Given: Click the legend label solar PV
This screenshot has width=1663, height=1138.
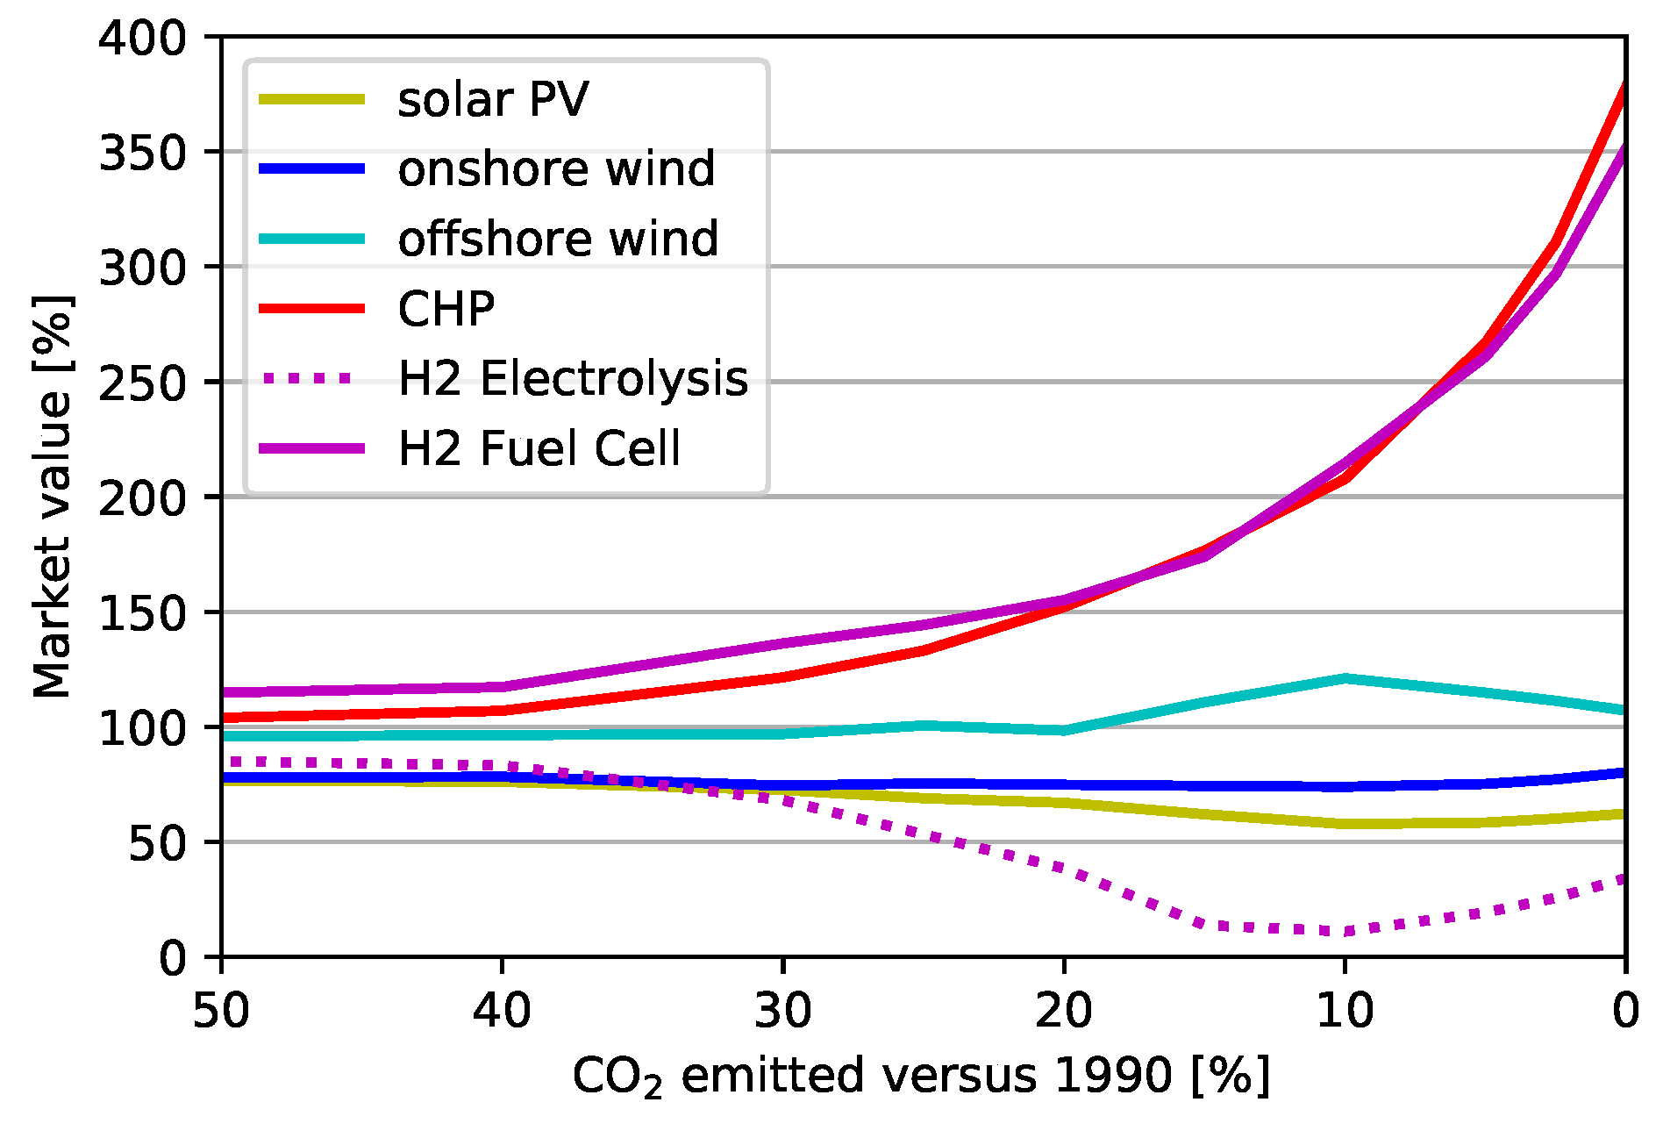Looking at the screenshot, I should point(492,99).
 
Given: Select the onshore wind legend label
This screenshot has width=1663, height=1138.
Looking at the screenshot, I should point(556,168).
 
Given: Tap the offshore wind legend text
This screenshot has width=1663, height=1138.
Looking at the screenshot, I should point(558,239).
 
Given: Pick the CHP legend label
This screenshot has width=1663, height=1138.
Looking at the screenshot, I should point(446,309).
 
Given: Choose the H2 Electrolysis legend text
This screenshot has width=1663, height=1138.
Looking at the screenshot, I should point(573,378).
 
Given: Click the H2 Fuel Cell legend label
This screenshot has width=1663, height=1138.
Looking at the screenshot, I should point(539,448).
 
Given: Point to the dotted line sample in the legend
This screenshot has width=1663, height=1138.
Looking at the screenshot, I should point(311,378).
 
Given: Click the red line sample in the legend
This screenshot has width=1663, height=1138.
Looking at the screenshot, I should point(311,309).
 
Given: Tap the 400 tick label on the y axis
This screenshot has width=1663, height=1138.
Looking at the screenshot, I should point(143,39).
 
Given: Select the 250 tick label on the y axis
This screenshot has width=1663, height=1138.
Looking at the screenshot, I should point(143,383).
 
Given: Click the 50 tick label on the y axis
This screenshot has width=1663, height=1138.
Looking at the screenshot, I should point(158,843).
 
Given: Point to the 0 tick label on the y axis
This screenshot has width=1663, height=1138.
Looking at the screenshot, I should point(173,958).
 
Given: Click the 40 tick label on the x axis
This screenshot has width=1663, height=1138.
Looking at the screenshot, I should point(502,1011).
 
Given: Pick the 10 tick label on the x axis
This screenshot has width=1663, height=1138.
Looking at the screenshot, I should point(1345,1011).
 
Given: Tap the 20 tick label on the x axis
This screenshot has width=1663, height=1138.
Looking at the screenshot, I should point(1063,1011).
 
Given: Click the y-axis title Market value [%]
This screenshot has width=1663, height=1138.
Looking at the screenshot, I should point(52,497).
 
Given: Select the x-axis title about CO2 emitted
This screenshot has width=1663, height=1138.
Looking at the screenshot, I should point(921,1077).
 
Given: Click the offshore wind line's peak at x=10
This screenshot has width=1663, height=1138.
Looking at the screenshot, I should point(1345,678).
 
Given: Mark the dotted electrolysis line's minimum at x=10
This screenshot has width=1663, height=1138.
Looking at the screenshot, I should point(1345,931).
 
